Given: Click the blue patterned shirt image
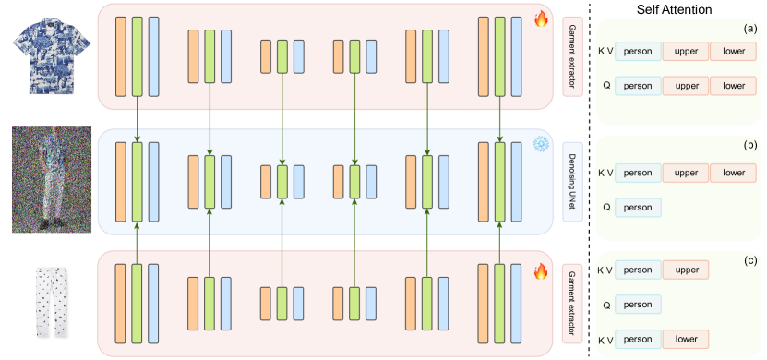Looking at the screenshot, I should (47, 52).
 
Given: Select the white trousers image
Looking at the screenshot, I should (46, 302).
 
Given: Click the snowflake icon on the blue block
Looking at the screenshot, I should (542, 145).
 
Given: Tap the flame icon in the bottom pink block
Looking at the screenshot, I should (542, 270).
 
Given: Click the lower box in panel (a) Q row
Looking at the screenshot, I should (734, 86).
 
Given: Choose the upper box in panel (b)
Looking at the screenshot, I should (686, 173).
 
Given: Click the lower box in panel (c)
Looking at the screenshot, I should (686, 339).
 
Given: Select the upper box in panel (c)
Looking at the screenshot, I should (686, 270).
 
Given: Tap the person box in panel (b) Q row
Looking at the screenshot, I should (638, 207).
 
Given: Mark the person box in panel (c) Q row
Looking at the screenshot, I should (638, 304).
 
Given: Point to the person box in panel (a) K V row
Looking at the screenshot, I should (638, 52).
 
